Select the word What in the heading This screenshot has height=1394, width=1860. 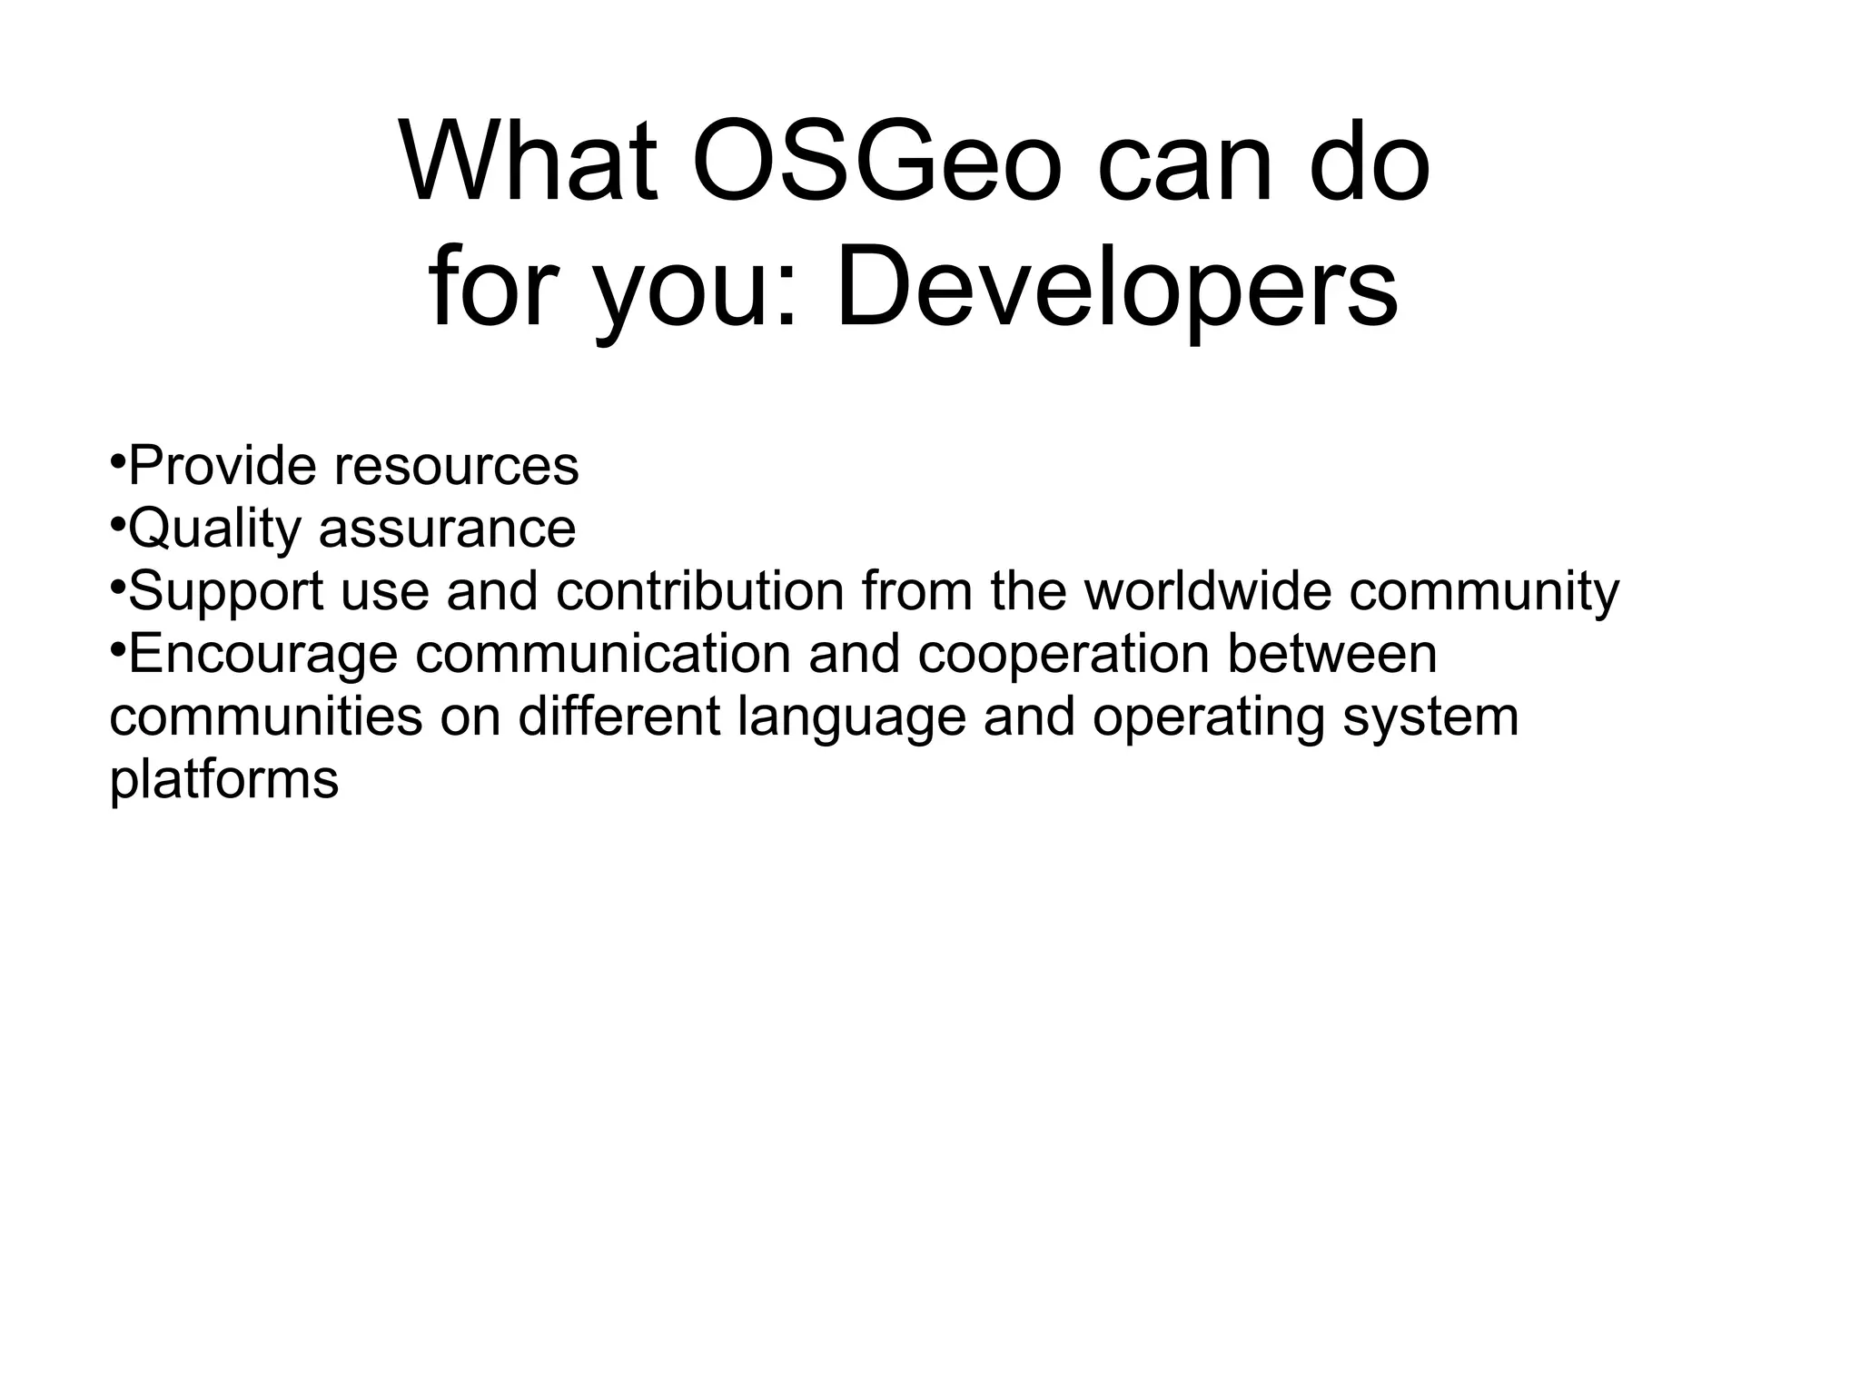coord(529,164)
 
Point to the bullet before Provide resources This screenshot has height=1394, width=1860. coord(117,461)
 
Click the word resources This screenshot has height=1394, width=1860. coord(456,467)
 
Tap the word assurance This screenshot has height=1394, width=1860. coord(447,530)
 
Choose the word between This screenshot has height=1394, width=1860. coord(1332,655)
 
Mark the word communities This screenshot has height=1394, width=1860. coord(266,717)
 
